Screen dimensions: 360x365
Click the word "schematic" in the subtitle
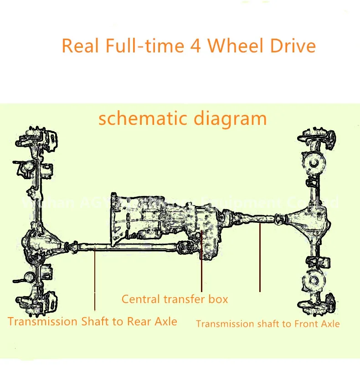(137, 119)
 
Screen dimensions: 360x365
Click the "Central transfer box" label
(175, 299)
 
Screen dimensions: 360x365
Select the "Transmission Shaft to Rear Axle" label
(93, 321)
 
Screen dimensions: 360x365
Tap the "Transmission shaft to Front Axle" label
(267, 324)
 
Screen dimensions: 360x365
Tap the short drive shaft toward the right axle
(255, 218)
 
